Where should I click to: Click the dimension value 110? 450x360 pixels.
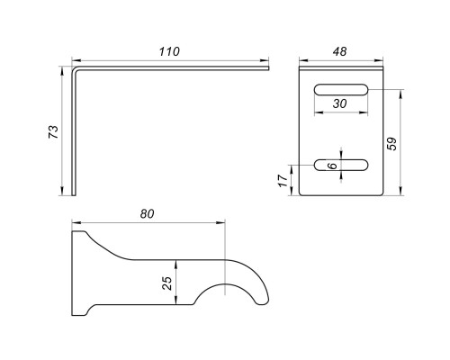[169, 51]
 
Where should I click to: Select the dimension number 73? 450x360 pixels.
[53, 131]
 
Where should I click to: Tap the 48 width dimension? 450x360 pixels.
[339, 51]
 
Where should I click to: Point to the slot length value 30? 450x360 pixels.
[339, 103]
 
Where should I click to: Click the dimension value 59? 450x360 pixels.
[391, 144]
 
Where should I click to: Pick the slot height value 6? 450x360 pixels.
[332, 166]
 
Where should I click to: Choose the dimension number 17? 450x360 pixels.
[283, 181]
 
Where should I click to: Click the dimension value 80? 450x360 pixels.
[147, 214]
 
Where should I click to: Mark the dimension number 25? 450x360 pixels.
[167, 283]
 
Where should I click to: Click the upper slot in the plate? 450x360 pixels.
[341, 90]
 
